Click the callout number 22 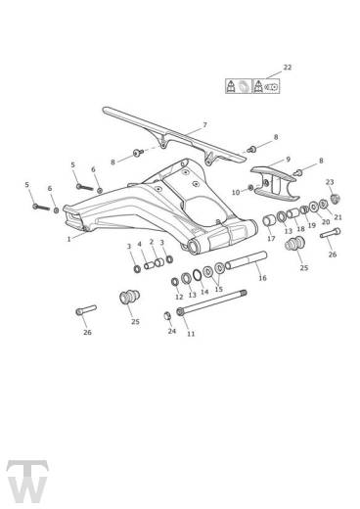coord(287,67)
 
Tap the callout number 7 coord(204,124)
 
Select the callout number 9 coord(287,158)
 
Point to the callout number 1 coord(68,238)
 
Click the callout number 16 coord(262,278)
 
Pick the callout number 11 coord(191,334)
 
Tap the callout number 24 coord(171,331)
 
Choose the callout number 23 coord(330,182)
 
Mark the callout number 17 coord(271,238)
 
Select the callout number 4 coord(140,245)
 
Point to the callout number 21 coord(337,216)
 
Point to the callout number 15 coord(218,290)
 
